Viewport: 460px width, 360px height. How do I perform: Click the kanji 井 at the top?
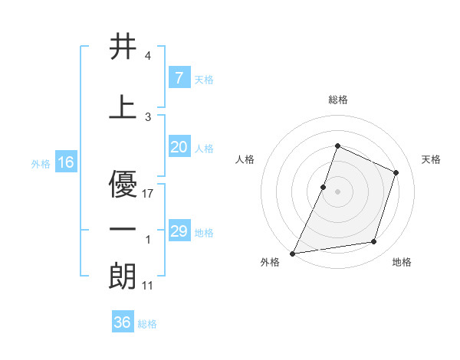point(123,47)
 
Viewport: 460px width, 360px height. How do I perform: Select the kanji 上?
point(123,107)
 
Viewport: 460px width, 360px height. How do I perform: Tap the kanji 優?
point(123,184)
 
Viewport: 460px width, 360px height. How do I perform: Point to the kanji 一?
point(123,229)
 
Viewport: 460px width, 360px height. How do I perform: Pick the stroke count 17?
point(149,194)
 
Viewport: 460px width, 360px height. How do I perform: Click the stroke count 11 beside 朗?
point(149,286)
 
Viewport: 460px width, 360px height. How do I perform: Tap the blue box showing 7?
point(179,77)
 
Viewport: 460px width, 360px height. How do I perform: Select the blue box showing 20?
point(179,147)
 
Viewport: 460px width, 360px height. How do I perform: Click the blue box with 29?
point(179,231)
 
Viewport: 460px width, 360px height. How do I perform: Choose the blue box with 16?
point(65,162)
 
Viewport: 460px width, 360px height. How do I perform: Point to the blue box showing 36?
point(122,322)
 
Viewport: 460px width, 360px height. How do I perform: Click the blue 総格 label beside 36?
point(147,324)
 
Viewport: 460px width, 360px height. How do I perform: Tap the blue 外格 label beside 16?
point(40,163)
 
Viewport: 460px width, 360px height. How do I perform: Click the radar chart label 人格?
point(245,159)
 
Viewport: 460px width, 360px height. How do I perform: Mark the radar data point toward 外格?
point(293,253)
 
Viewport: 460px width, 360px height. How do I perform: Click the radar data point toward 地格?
point(374,242)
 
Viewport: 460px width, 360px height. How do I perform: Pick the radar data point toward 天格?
point(396,172)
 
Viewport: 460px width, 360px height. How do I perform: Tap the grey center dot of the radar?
point(337,191)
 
